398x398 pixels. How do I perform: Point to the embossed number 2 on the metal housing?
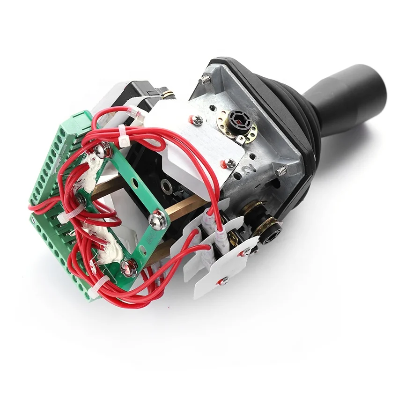pos(248,169)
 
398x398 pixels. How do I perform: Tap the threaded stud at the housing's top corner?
pos(205,80)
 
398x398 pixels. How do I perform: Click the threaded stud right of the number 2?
pos(280,171)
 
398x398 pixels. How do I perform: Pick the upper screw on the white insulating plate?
pos(196,119)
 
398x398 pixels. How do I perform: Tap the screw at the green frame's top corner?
pos(100,150)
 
